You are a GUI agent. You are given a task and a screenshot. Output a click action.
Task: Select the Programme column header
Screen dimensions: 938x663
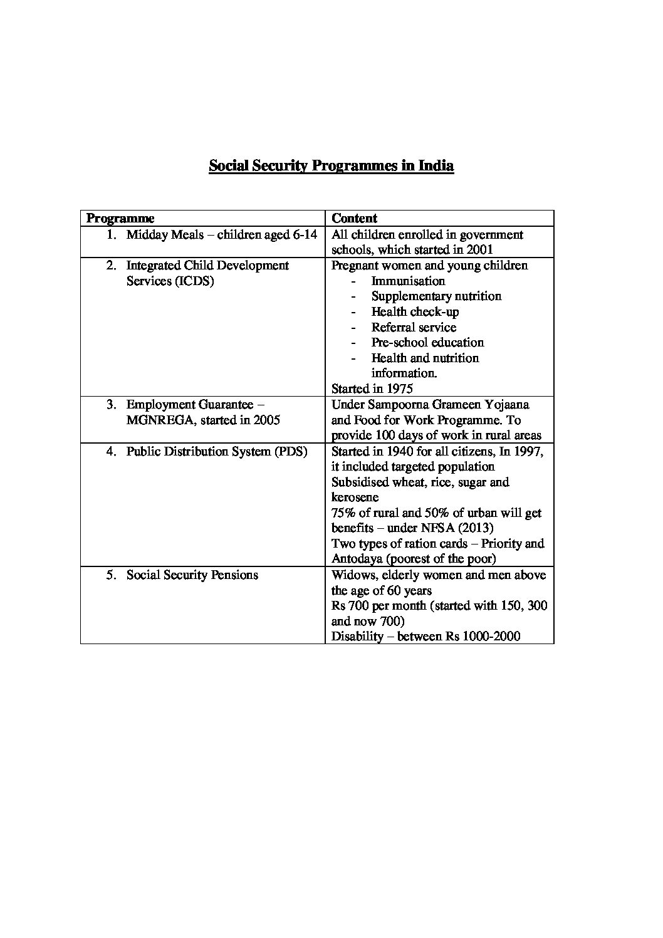tap(120, 218)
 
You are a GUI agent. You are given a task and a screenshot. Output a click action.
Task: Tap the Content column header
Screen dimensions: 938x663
tap(354, 218)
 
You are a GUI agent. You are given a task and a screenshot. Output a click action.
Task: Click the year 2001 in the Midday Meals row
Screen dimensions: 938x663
tap(479, 249)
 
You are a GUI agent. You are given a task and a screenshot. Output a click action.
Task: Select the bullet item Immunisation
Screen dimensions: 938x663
tap(408, 281)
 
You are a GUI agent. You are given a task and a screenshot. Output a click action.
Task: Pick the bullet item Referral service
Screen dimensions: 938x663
tap(414, 327)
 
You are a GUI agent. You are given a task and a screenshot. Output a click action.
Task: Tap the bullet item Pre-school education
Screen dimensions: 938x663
tap(427, 342)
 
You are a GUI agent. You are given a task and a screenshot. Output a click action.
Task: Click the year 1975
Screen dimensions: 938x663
tap(399, 388)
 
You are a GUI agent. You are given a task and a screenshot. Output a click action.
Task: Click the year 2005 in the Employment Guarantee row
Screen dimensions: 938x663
tap(266, 420)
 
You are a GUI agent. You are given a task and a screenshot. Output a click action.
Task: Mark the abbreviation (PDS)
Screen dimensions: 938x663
tap(291, 451)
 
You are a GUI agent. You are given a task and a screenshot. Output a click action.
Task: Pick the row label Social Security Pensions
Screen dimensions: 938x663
tap(192, 575)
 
